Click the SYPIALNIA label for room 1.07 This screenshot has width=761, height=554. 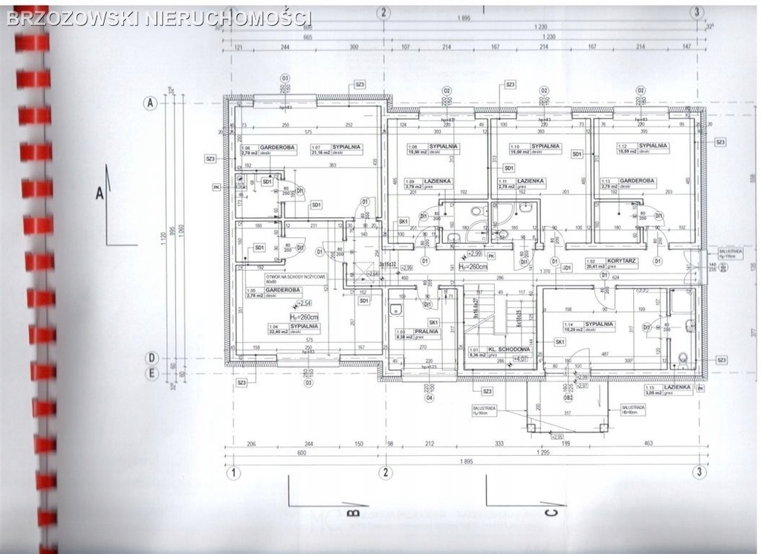coord(346,147)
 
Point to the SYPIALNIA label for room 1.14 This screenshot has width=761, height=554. coord(599,323)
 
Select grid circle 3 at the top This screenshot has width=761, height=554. coord(697,12)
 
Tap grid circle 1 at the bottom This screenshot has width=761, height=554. coord(234,471)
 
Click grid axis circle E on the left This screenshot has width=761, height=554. coord(151,374)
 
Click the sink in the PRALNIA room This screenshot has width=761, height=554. coord(395,305)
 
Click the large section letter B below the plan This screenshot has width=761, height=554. coord(354,512)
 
